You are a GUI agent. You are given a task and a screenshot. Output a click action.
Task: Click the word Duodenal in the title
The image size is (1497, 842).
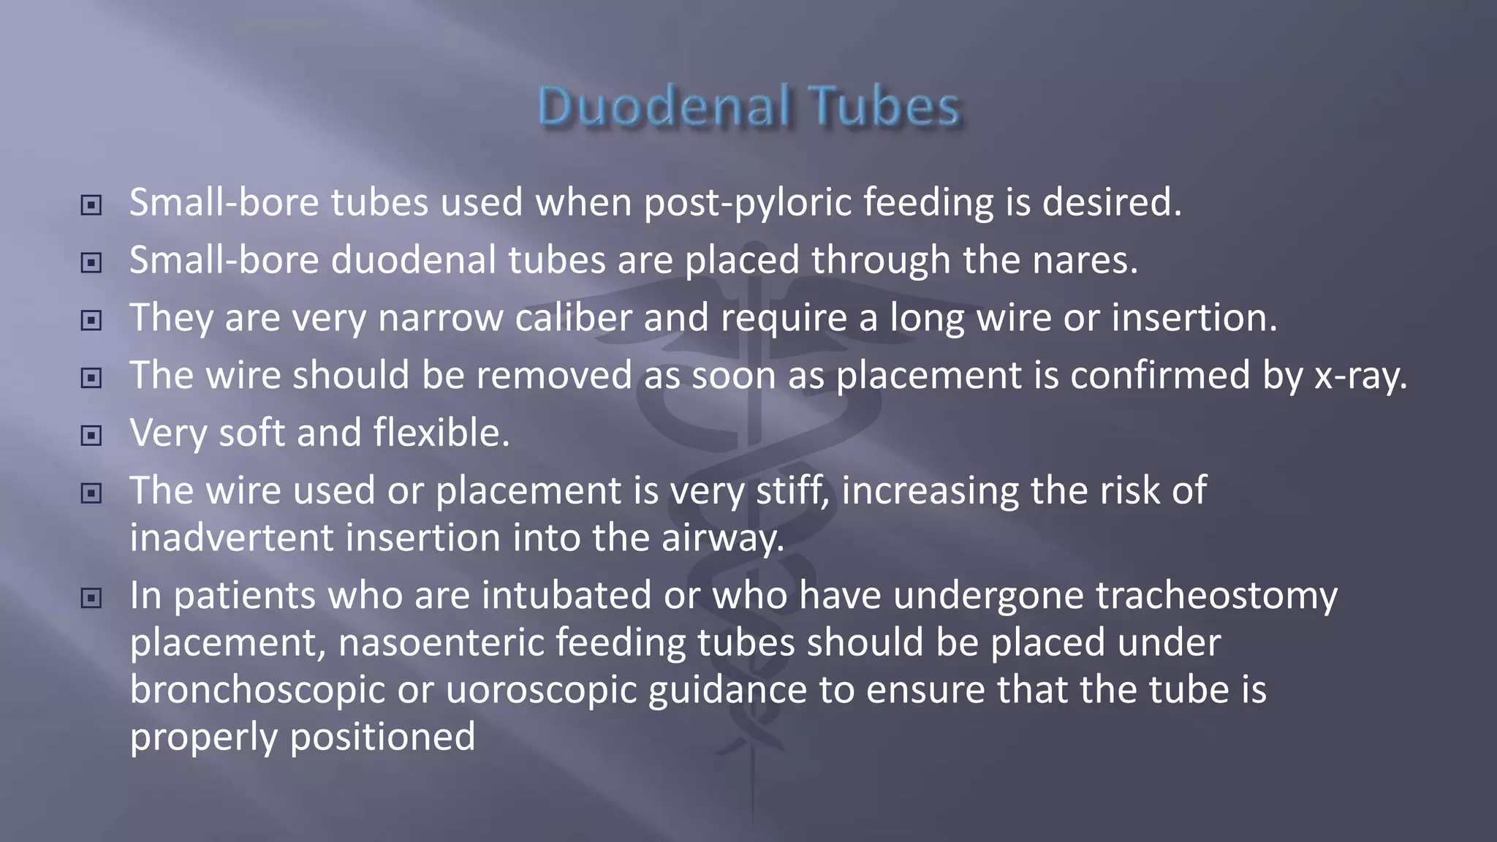pyautogui.click(x=664, y=107)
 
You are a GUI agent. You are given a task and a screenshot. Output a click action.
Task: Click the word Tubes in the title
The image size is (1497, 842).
pyautogui.click(x=886, y=107)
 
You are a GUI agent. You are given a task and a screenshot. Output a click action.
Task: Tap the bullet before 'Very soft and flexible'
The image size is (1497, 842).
pyautogui.click(x=91, y=436)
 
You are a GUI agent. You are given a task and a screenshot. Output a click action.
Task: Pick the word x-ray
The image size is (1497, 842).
pyautogui.click(x=1360, y=376)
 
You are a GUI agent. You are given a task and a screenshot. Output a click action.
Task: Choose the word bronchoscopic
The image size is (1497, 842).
pyautogui.click(x=257, y=691)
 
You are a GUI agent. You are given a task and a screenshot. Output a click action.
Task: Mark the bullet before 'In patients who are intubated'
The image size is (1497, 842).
pyautogui.click(x=91, y=599)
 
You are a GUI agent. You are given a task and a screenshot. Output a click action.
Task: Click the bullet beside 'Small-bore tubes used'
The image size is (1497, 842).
pyautogui.click(x=91, y=205)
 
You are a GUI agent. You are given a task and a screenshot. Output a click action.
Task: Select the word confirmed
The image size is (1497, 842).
pyautogui.click(x=1160, y=376)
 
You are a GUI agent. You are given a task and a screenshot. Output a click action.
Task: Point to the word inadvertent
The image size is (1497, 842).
pyautogui.click(x=232, y=539)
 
